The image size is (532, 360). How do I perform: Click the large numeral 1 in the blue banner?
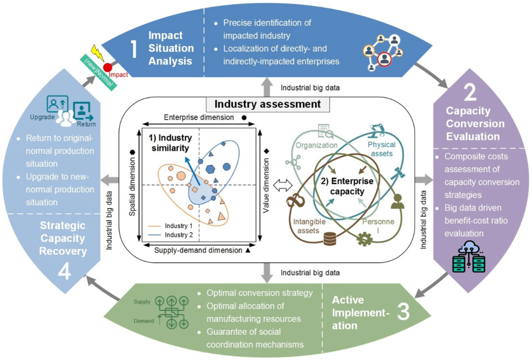(134, 49)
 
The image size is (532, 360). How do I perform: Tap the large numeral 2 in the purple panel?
(470, 92)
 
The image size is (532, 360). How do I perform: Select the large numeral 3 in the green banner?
(403, 311)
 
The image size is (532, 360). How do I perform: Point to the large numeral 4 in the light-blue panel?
(64, 271)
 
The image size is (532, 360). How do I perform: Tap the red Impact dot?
(108, 67)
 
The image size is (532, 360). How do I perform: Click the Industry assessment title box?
(267, 104)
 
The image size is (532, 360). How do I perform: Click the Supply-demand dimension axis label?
(198, 251)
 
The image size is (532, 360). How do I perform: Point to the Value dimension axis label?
(266, 185)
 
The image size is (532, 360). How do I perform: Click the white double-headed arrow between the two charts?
(282, 185)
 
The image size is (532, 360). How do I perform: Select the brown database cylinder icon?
(330, 238)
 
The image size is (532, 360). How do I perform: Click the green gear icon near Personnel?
(364, 239)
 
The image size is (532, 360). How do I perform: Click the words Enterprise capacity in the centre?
(347, 186)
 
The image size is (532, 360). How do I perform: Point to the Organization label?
(316, 145)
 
